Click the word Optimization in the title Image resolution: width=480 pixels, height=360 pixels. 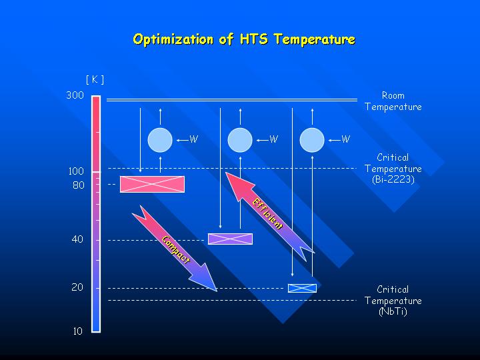coord(173,39)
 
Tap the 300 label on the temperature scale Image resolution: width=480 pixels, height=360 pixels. coord(75,95)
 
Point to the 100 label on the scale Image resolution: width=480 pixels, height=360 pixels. coord(76,171)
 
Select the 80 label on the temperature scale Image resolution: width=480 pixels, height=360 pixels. coord(79,185)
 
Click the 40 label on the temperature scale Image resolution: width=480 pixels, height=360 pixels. coord(77,239)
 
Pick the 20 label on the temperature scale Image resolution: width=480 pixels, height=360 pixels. coord(77,287)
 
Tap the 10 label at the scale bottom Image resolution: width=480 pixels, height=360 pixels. coord(78,331)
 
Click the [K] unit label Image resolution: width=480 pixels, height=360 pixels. coord(95,79)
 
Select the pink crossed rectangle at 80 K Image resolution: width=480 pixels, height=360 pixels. coord(152,184)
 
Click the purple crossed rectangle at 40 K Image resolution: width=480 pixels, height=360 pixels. coord(230,239)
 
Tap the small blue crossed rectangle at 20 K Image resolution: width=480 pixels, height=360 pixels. coord(302,288)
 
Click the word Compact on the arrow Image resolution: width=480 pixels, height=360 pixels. coord(176,249)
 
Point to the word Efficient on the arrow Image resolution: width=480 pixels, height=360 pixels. coord(267,213)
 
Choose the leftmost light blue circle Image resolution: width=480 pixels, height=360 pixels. coord(160,140)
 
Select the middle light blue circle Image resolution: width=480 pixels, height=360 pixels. coord(240,140)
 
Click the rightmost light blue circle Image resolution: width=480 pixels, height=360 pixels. coord(312,140)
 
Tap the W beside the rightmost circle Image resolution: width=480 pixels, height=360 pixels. coord(345,139)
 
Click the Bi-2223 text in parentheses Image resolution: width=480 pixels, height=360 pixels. coord(393,179)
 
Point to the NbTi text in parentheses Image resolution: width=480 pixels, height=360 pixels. coord(393,311)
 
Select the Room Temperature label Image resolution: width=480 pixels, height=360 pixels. coord(393,101)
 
